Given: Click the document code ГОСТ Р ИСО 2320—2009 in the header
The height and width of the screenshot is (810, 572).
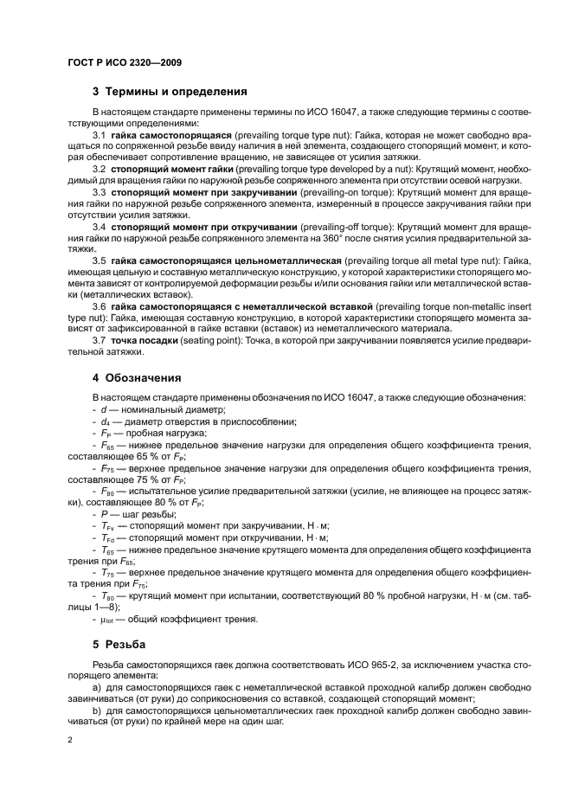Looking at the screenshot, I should click(x=123, y=63).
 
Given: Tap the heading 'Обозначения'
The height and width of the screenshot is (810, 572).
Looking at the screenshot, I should click(x=142, y=377).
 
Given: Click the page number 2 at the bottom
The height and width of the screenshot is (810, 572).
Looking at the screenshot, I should click(x=70, y=741).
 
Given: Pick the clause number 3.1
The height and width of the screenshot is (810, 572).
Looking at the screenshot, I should click(x=99, y=136).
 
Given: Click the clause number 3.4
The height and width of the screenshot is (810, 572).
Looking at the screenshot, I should click(x=99, y=226).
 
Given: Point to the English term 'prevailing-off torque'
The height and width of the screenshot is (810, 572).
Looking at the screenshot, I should click(x=331, y=226).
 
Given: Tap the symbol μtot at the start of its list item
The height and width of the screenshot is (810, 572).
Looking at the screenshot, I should click(x=107, y=620).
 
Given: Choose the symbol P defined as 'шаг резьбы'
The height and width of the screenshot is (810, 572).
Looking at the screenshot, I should click(x=104, y=512).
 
